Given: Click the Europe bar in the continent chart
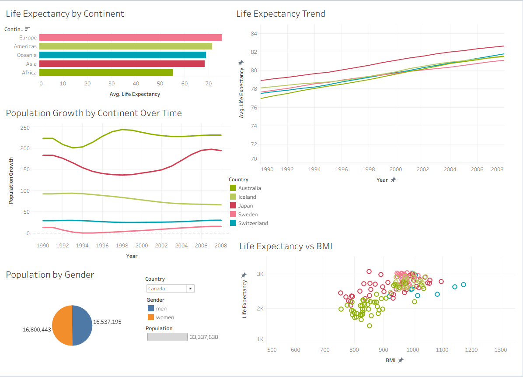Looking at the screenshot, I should click(x=130, y=38).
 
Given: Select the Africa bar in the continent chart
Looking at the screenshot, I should click(x=106, y=73).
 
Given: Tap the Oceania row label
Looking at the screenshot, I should click(x=27, y=55).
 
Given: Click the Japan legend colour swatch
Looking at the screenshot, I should click(x=233, y=206).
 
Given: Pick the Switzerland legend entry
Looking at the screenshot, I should click(x=253, y=223).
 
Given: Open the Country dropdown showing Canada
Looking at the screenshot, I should click(x=170, y=289).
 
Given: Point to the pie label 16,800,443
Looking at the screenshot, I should click(x=37, y=329).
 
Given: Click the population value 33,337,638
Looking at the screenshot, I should click(x=204, y=337).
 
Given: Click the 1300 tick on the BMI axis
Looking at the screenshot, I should click(x=500, y=350).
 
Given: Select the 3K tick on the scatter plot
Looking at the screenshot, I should click(x=260, y=274).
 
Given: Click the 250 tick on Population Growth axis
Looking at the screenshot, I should click(x=25, y=128).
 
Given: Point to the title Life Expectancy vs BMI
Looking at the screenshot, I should click(x=286, y=246).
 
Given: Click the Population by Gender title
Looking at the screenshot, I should click(x=50, y=275).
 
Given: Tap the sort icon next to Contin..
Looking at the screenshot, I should click(x=28, y=29).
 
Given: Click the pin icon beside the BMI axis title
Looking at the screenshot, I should click(x=401, y=360).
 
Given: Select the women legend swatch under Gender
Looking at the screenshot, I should click(x=150, y=317).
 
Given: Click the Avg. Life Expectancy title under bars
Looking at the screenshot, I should click(x=135, y=94).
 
